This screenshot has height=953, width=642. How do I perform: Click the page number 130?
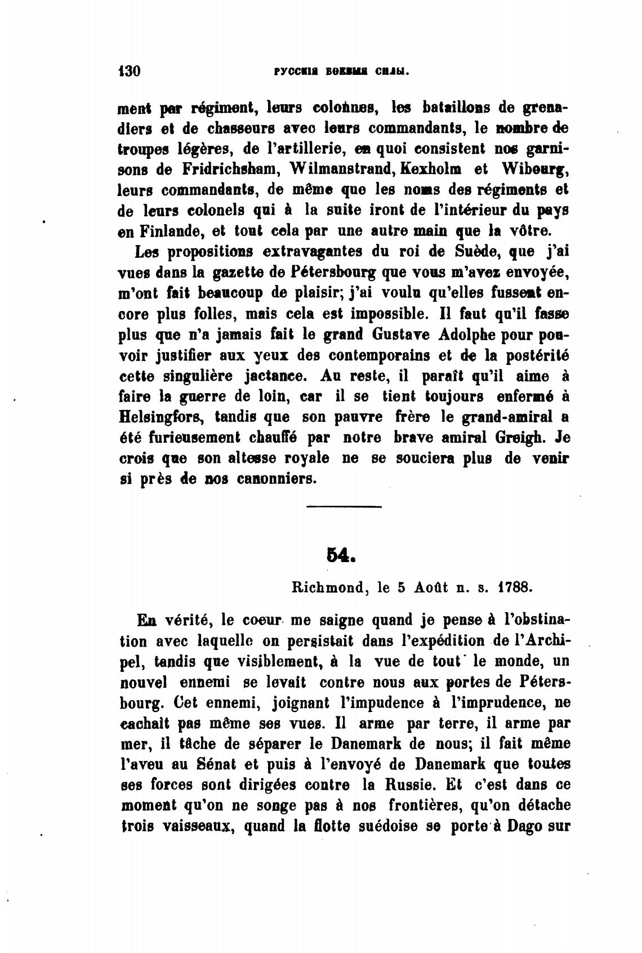(129, 72)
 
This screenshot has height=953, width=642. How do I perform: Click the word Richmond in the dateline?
(326, 588)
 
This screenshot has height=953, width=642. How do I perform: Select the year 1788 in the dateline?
(515, 588)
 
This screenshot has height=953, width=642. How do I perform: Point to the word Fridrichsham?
(223, 168)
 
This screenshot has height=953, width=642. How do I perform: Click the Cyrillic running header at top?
(341, 72)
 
